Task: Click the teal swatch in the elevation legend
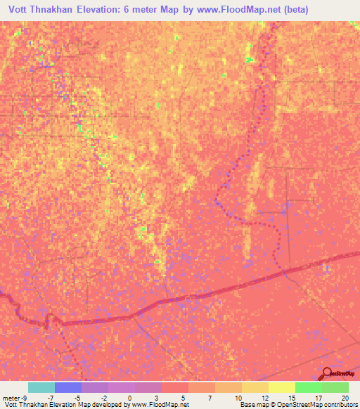click(41, 387)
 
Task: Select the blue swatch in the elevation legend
click(68, 387)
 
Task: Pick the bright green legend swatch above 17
click(309, 387)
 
